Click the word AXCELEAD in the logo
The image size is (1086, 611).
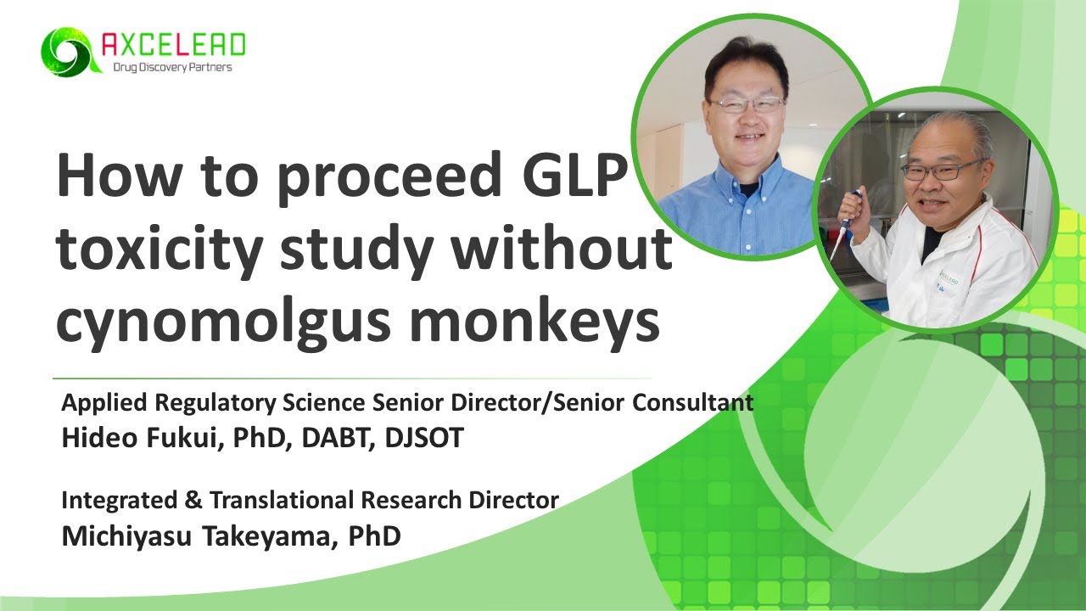coord(173,43)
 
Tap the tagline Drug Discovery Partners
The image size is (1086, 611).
coord(172,67)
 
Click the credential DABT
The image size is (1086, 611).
coord(333,438)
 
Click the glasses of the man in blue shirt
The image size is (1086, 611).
coord(747,104)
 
